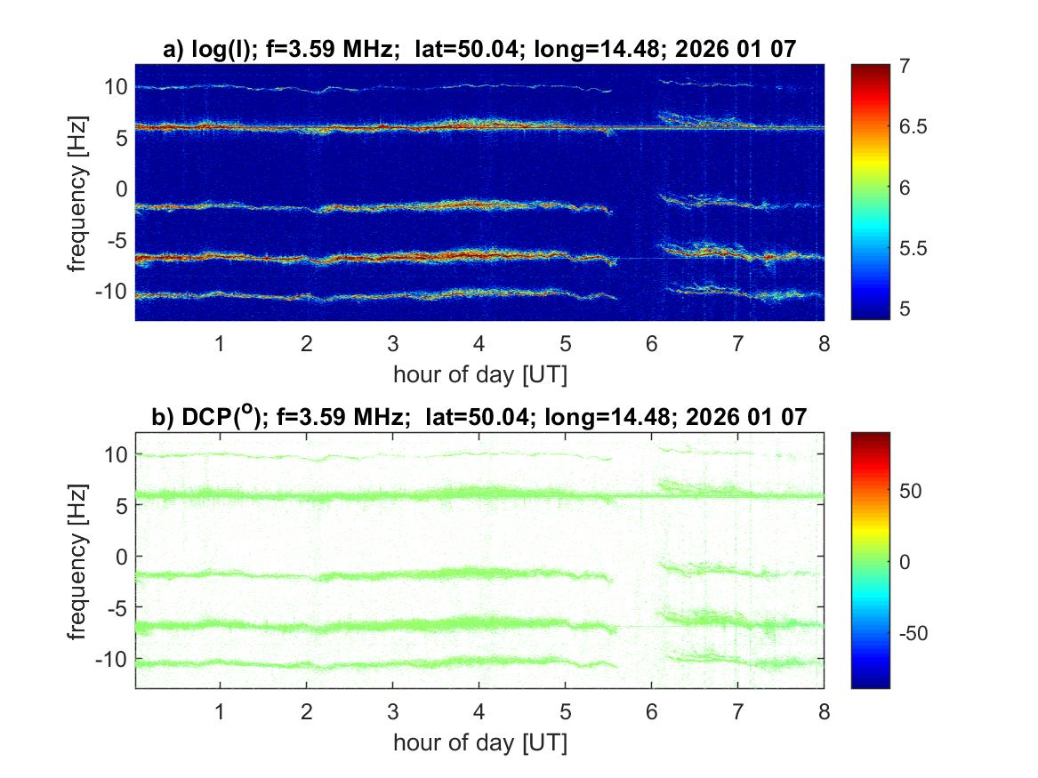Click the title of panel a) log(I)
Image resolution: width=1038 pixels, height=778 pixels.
(x=479, y=50)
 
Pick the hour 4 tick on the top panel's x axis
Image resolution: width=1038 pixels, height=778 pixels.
(x=479, y=344)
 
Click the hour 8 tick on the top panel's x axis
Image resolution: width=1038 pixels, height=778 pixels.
(x=825, y=344)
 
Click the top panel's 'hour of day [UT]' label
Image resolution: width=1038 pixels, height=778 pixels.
(x=479, y=374)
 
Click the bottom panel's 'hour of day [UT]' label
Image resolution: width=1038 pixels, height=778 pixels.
(x=479, y=742)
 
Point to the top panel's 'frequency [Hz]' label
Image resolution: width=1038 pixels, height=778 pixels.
(x=79, y=192)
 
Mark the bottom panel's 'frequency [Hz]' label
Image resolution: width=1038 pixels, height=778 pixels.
(x=79, y=560)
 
